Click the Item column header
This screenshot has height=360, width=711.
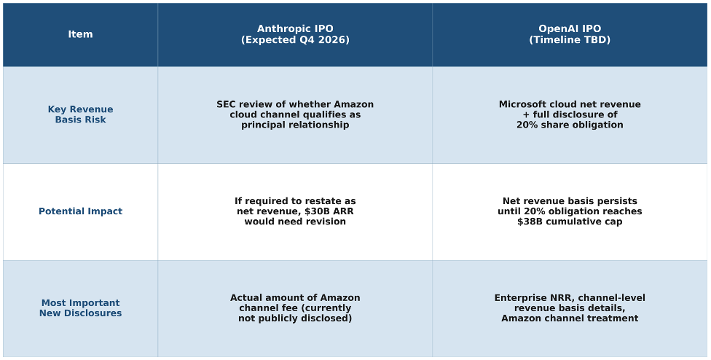click(x=80, y=34)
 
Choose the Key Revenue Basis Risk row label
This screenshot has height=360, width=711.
click(x=80, y=114)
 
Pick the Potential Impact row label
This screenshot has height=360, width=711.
click(x=80, y=211)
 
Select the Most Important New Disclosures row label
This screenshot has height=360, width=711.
click(x=80, y=308)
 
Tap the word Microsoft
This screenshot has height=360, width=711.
click(x=522, y=104)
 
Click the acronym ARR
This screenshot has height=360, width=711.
click(x=343, y=211)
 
